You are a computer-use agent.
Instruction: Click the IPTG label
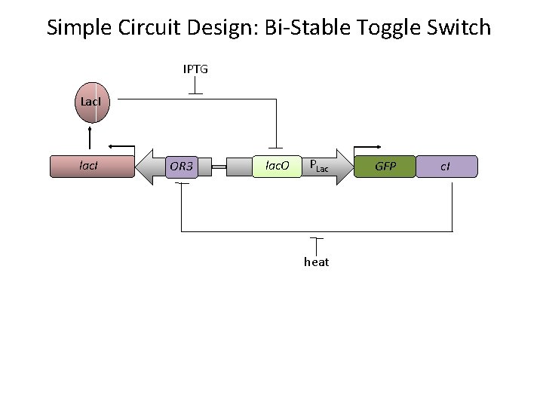[x=195, y=69]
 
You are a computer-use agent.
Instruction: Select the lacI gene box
[x=90, y=166]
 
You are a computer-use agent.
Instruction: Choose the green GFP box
[x=385, y=166]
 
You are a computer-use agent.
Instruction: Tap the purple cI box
[x=446, y=166]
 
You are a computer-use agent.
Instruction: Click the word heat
[x=316, y=262]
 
